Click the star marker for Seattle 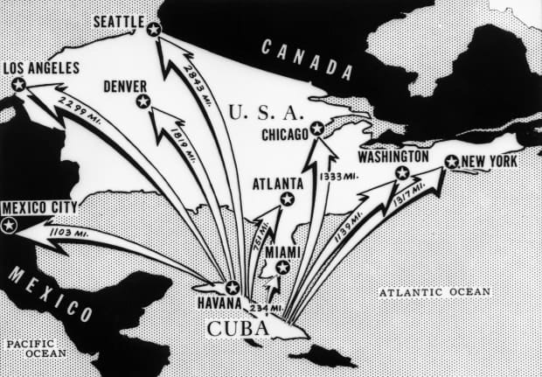click(154, 30)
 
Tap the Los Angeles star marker click(18, 84)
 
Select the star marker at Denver click(143, 102)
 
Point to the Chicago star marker click(317, 129)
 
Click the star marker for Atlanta click(287, 199)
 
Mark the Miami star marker click(282, 268)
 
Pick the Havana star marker click(233, 287)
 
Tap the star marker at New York click(451, 162)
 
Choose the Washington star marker click(402, 172)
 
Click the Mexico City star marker click(10, 225)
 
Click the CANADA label click(302, 59)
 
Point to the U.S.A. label click(265, 112)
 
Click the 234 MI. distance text click(266, 308)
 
